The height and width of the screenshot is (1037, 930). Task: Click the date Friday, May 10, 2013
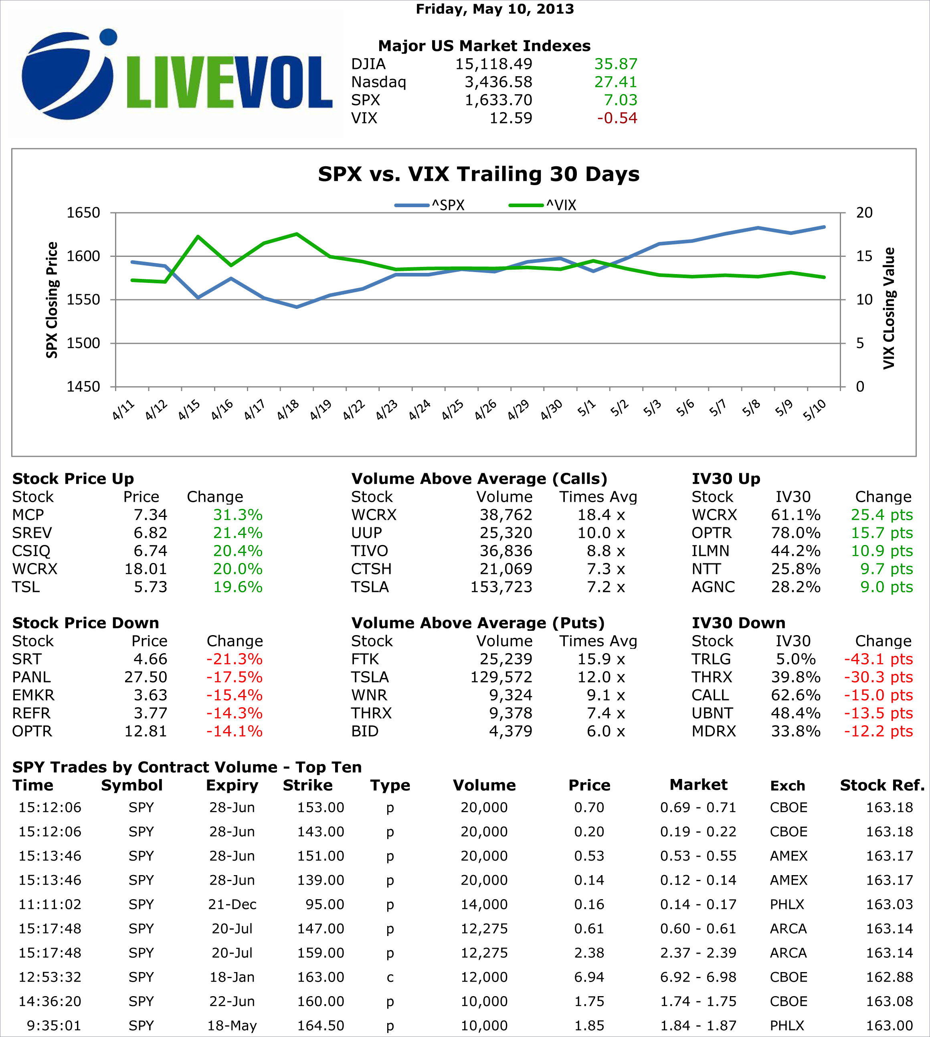tap(495, 9)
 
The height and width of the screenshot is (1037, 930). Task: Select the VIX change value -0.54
tap(617, 118)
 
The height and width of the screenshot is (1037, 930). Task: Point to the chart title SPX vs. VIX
tap(478, 174)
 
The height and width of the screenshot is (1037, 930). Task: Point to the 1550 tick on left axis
tap(83, 299)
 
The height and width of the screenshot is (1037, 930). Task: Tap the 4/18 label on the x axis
tap(288, 410)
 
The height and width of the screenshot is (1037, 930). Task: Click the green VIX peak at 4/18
tap(297, 234)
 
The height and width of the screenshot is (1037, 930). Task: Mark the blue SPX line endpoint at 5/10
tap(824, 227)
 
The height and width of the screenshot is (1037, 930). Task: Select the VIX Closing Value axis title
tap(889, 308)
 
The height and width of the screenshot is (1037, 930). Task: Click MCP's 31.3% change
tap(238, 515)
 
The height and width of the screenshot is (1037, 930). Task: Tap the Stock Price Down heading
tap(85, 623)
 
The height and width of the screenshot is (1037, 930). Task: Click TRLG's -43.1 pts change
tap(878, 659)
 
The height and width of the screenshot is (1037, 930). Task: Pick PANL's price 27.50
tap(146, 677)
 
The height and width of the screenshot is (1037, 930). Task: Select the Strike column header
tap(307, 785)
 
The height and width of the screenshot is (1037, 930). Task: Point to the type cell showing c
tap(390, 977)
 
